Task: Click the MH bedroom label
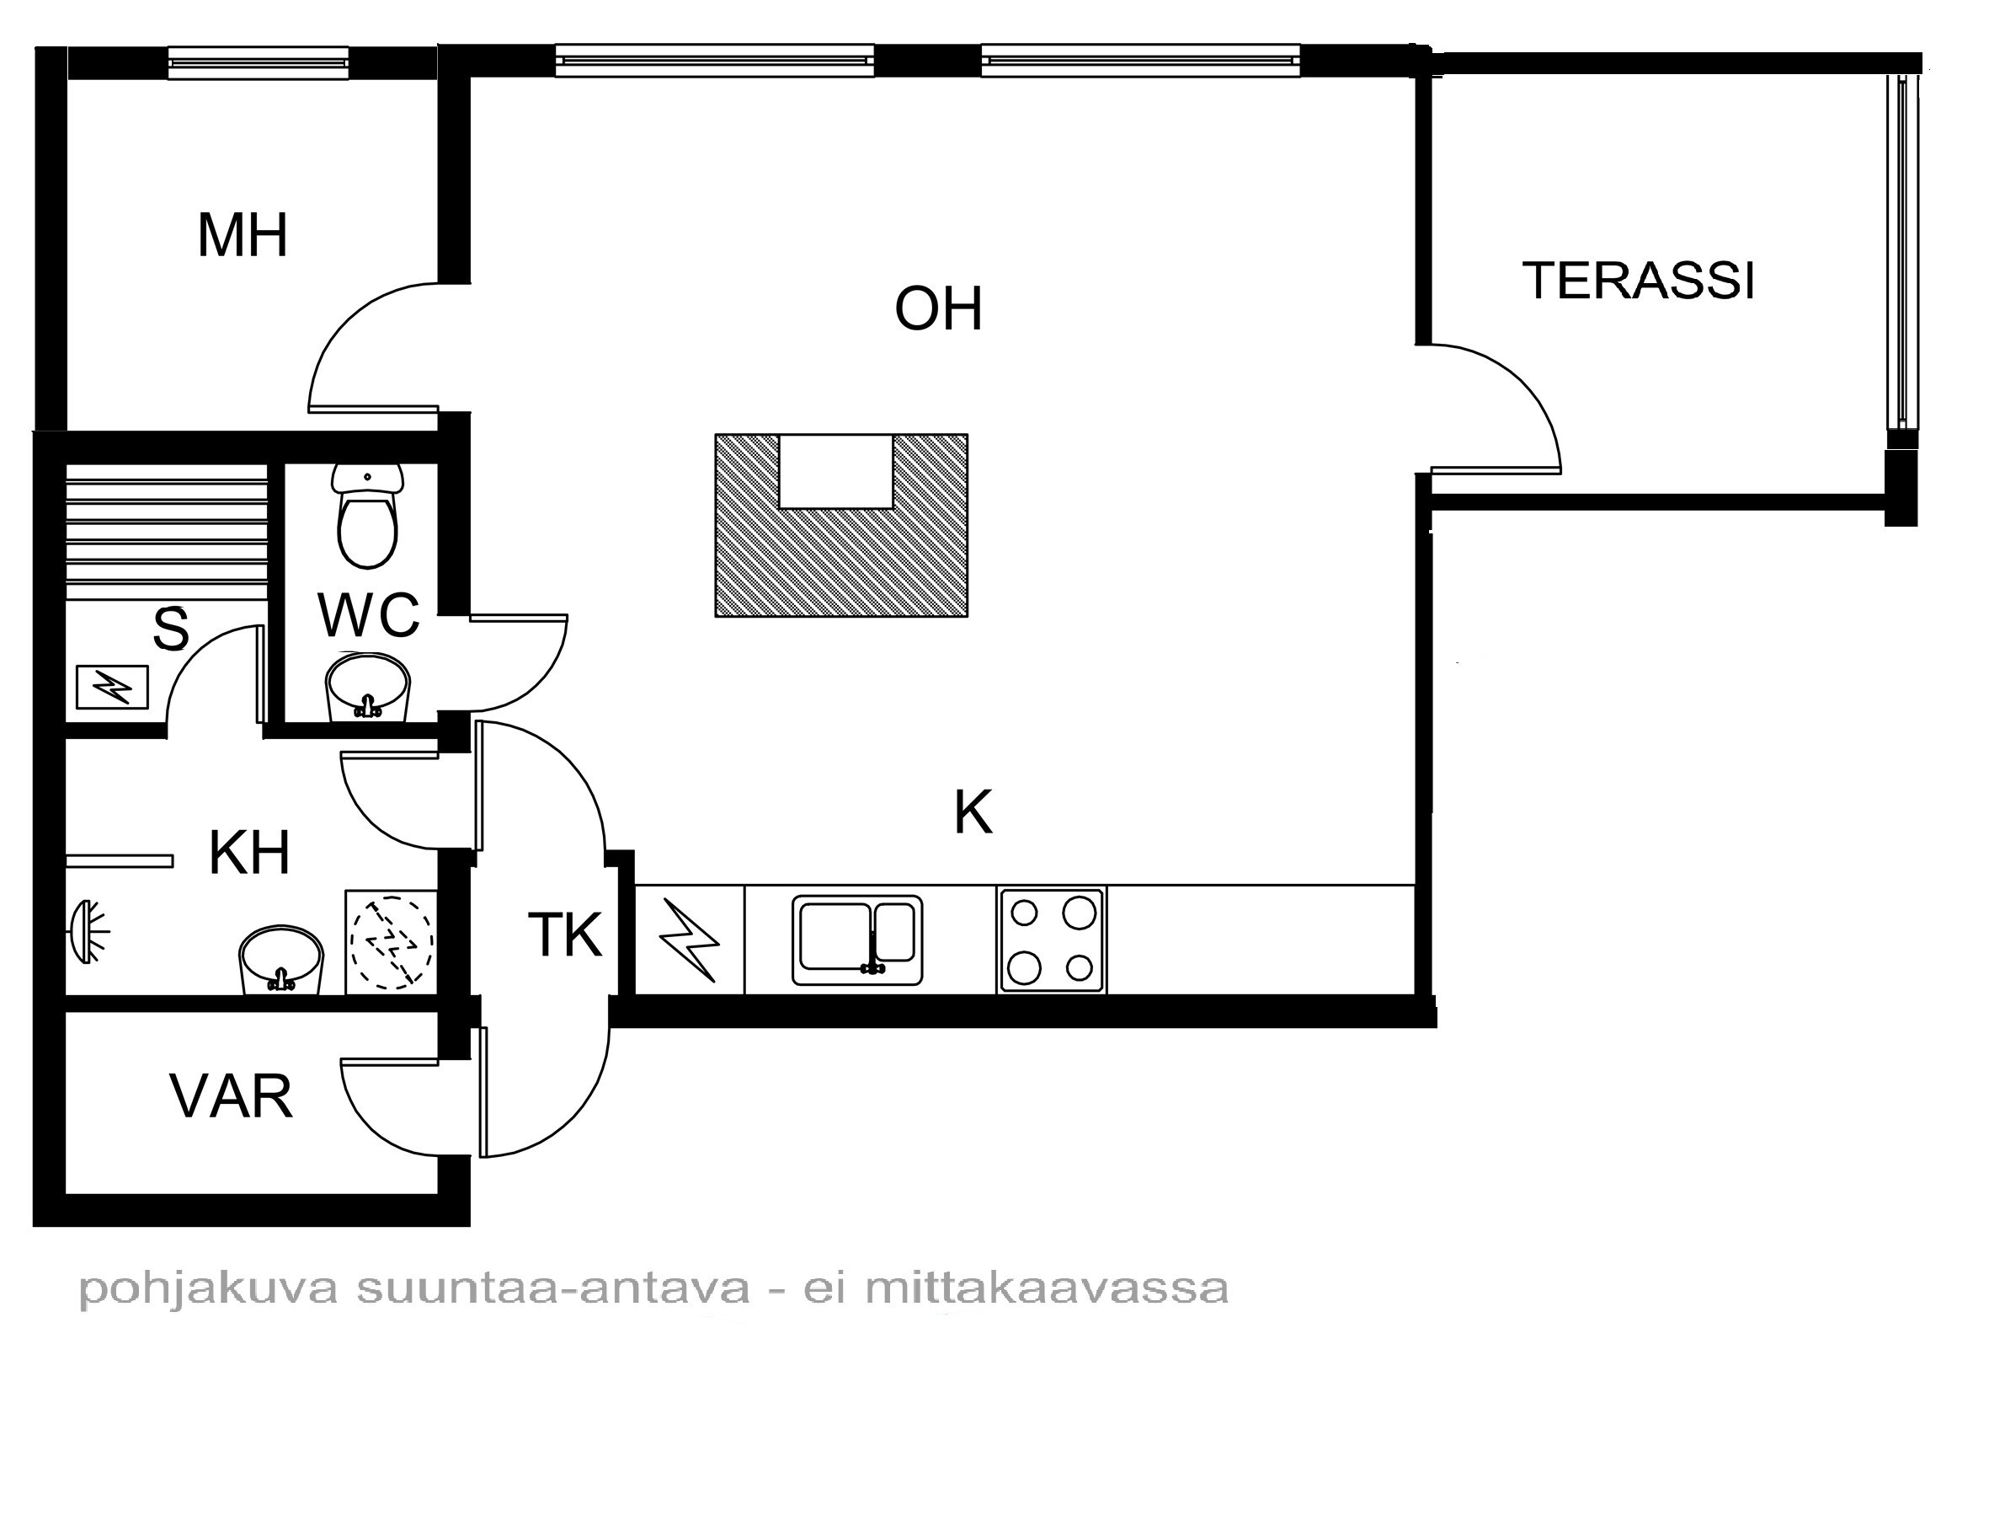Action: [x=243, y=235]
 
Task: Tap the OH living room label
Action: [x=938, y=309]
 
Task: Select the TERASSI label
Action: [x=1639, y=280]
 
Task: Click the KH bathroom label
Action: [x=249, y=853]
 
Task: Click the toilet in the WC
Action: [x=367, y=515]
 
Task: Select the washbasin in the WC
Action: [x=368, y=687]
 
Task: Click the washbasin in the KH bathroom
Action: [x=280, y=961]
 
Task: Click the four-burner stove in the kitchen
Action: [x=1052, y=940]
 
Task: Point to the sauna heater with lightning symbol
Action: [x=112, y=687]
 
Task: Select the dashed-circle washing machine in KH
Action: [x=391, y=942]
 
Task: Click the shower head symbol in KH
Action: [x=88, y=932]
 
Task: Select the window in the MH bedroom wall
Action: [x=259, y=63]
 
